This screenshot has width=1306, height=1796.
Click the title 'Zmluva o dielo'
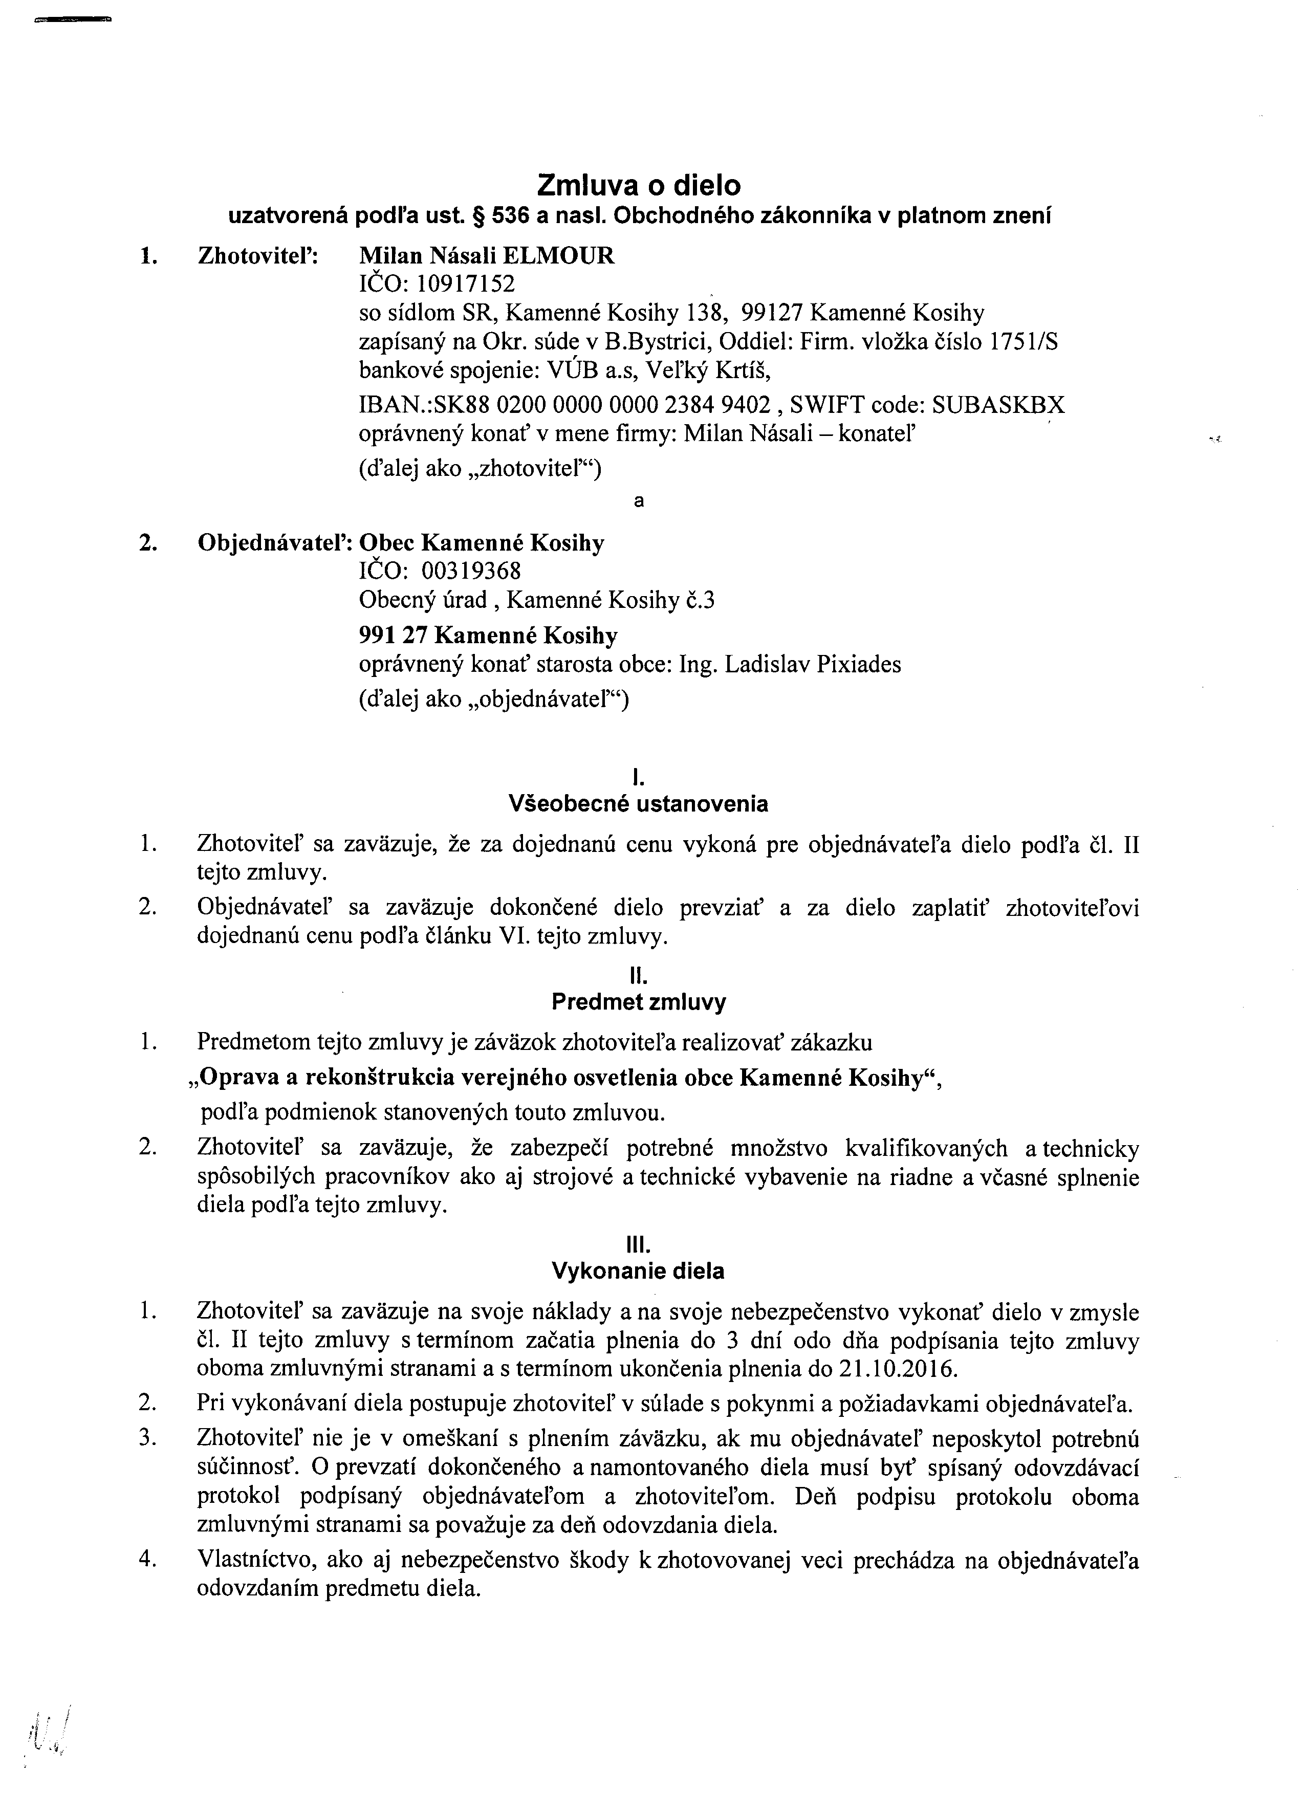click(638, 185)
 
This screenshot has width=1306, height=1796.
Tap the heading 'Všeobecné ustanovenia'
click(638, 804)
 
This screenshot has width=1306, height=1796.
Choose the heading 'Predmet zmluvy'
click(638, 1002)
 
